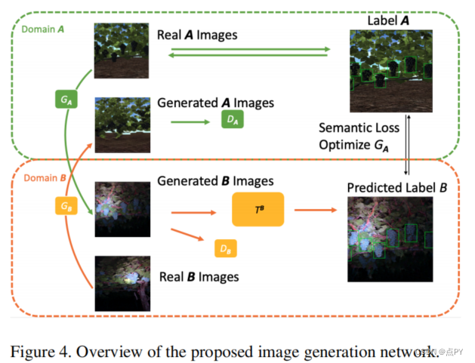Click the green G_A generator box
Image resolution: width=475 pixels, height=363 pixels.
(65, 99)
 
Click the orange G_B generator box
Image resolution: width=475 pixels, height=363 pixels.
(65, 205)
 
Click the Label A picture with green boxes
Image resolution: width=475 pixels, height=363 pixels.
(390, 71)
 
